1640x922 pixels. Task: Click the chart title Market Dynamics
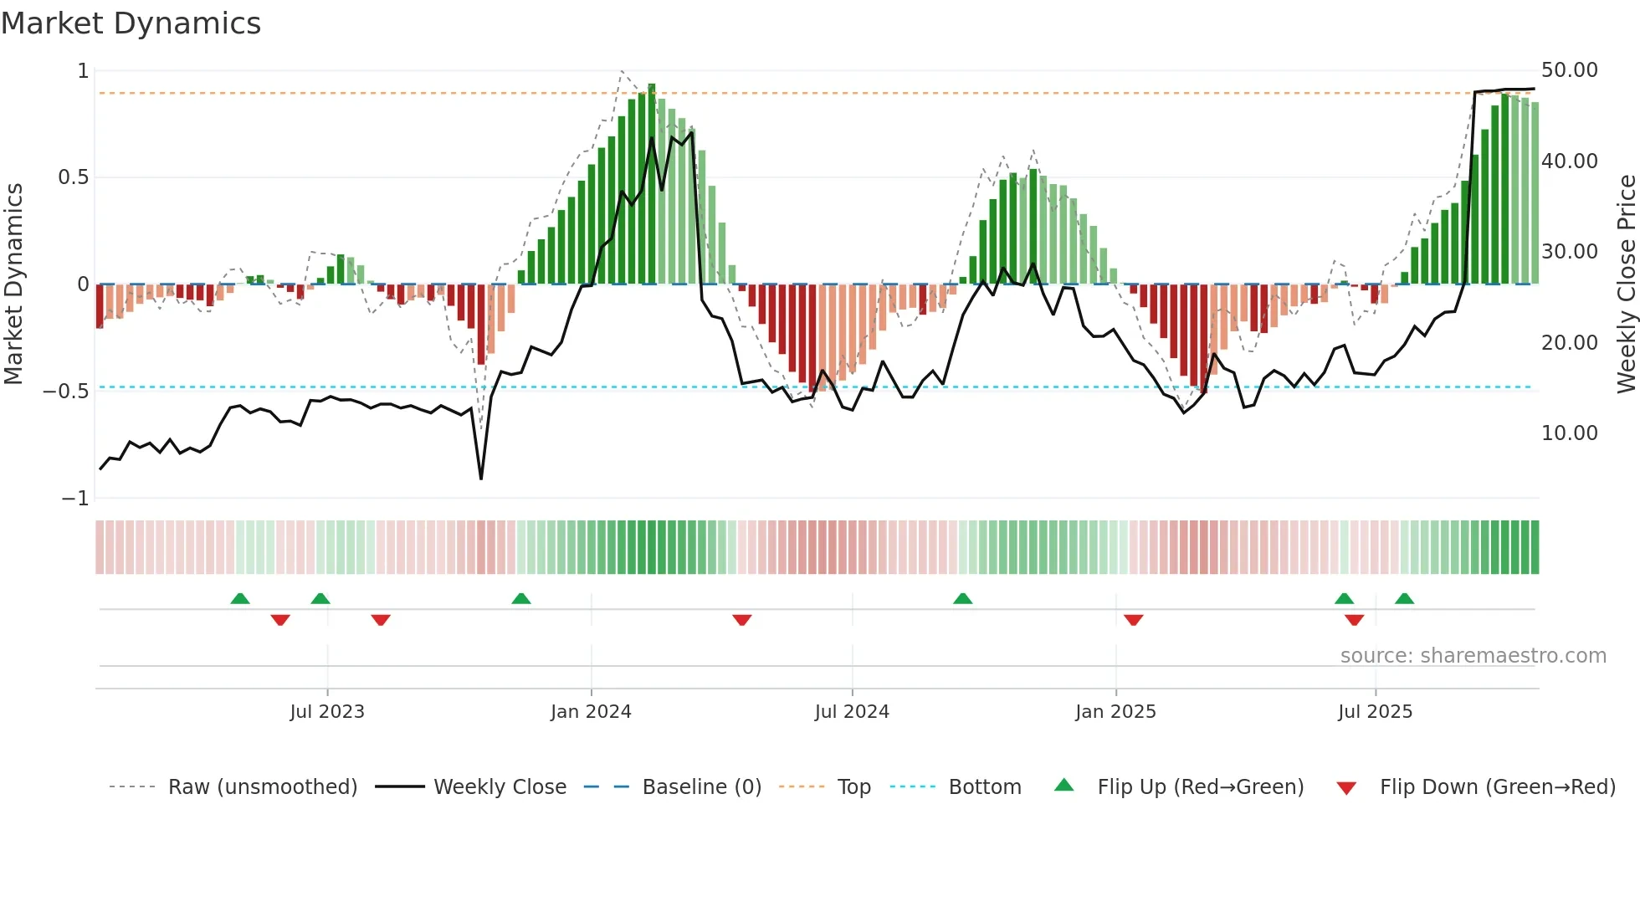pos(131,23)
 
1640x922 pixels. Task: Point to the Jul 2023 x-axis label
pos(327,712)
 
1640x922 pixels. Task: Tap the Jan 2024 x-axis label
pos(591,712)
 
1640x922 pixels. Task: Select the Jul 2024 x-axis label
pos(852,712)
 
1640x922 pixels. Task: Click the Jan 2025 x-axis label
pos(1115,712)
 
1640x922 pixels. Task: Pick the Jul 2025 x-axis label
pos(1375,712)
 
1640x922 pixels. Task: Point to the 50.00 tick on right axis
pos(1569,70)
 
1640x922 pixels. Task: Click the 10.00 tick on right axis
pos(1569,433)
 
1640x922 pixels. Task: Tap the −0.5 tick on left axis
pos(65,392)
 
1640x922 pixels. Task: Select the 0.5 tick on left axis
pos(73,177)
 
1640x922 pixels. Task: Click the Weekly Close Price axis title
pos(1626,284)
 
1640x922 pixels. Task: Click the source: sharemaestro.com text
pos(1473,656)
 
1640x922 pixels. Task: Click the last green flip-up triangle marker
pos(1404,599)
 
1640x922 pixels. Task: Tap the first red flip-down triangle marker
pos(280,620)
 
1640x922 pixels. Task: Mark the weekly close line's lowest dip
pos(481,479)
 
